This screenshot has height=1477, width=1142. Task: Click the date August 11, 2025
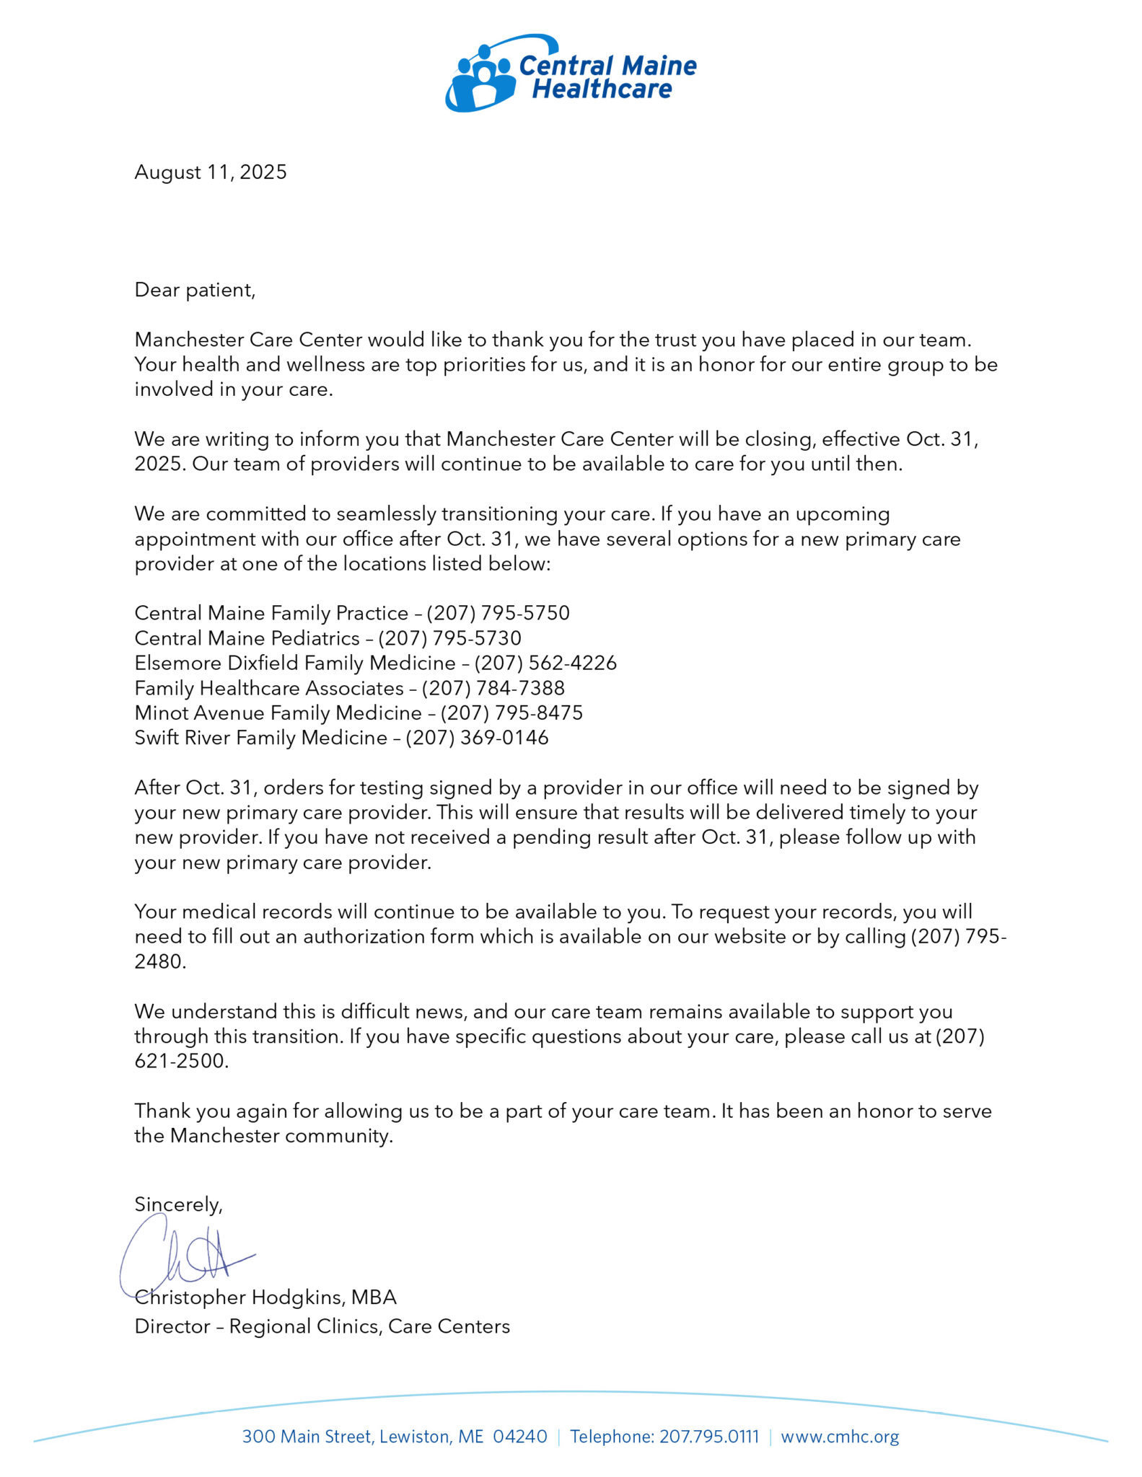click(x=210, y=172)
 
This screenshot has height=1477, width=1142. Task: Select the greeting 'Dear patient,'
click(x=195, y=290)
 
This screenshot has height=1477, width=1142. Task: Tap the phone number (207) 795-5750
click(x=498, y=613)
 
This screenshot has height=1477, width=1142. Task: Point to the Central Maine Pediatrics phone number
click(x=449, y=638)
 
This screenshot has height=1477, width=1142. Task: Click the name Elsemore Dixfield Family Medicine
click(x=294, y=663)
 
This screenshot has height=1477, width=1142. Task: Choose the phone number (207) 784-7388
click(x=493, y=688)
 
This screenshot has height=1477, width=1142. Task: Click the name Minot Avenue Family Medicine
click(x=278, y=713)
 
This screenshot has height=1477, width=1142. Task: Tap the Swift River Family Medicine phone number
click(x=477, y=738)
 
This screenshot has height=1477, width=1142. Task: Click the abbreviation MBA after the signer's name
click(x=374, y=1297)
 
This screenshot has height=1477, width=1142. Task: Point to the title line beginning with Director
click(x=322, y=1326)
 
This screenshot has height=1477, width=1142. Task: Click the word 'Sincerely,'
click(x=178, y=1204)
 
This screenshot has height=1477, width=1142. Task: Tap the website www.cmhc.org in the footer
click(x=840, y=1437)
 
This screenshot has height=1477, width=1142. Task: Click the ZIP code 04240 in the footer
click(x=519, y=1437)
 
